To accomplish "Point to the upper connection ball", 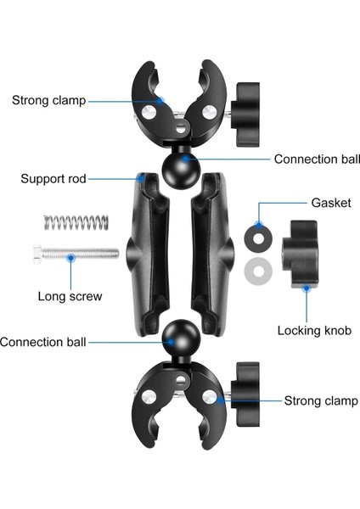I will click(179, 160).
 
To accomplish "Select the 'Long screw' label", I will click(70, 296).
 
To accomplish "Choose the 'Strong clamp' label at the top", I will click(48, 100).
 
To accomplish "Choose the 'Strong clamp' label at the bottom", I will click(313, 400).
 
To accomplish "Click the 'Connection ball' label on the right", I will click(316, 159).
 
